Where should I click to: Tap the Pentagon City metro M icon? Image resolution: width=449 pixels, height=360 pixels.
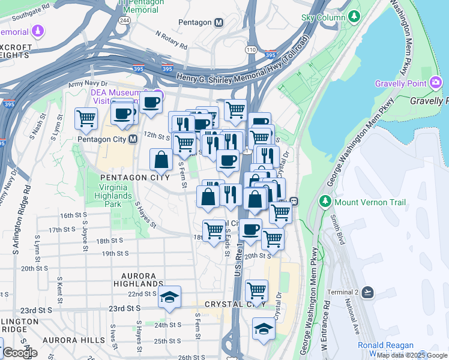[133, 139]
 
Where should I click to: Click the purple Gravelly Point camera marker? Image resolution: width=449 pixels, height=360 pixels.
[436, 83]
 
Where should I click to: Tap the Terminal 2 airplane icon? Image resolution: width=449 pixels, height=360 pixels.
[367, 292]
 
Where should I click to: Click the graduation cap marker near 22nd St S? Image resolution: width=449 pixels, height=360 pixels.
[169, 296]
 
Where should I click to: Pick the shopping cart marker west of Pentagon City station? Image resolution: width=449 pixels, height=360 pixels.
[86, 118]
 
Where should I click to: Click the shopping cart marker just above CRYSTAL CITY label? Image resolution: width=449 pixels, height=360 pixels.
[257, 290]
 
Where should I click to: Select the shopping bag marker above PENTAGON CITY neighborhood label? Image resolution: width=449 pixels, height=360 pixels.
[161, 160]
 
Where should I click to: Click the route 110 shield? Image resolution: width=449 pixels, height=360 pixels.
[250, 49]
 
